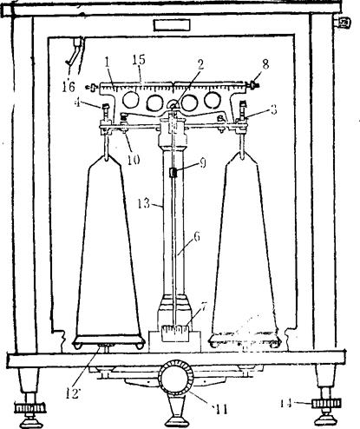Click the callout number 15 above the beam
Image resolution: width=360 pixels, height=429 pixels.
139,60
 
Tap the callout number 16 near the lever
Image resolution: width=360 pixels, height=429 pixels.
69,86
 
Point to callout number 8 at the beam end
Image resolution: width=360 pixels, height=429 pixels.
265,64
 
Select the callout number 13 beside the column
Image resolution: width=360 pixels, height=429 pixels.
144,204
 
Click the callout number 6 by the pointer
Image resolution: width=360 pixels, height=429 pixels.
197,236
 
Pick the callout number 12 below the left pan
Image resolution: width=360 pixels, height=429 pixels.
71,393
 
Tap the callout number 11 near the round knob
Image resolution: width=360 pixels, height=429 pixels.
220,409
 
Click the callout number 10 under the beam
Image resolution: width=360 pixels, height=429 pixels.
134,159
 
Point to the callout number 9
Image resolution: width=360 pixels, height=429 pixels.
202,163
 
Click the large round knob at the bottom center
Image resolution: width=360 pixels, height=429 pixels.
174,378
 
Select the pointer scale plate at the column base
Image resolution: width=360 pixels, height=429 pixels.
174,333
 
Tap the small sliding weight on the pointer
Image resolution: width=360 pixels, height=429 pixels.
173,173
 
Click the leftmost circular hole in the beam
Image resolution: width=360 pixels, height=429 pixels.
130,100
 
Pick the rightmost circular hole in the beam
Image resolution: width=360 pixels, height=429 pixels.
213,100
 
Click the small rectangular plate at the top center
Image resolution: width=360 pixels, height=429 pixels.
172,25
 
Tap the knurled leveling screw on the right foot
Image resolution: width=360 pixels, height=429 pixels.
326,403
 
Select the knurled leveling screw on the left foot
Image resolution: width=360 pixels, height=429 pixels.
30,408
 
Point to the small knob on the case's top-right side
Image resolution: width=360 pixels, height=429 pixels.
343,23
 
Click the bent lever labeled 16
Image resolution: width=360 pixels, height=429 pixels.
74,51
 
